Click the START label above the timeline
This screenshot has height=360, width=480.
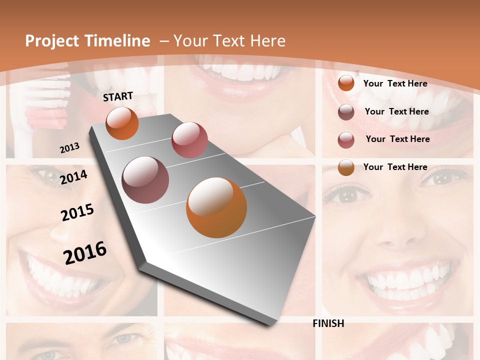(118, 96)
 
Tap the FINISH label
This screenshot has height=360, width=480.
(328, 323)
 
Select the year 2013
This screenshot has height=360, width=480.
(70, 147)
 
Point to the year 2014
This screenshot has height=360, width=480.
(73, 177)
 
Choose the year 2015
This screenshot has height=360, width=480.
(77, 212)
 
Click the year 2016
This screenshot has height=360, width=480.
(85, 252)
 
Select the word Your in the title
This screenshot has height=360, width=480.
(189, 41)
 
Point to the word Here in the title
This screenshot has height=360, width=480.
(267, 41)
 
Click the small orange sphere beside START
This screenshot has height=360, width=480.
(122, 123)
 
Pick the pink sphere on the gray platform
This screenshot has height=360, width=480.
(189, 139)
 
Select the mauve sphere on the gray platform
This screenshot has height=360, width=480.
(145, 180)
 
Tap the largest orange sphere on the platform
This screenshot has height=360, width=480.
(216, 207)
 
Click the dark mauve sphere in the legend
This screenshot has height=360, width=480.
(346, 112)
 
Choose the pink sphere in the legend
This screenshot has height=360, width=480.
(346, 140)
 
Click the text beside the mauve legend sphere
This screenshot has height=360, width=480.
(396, 111)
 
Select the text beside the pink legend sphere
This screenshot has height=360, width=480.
(397, 139)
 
